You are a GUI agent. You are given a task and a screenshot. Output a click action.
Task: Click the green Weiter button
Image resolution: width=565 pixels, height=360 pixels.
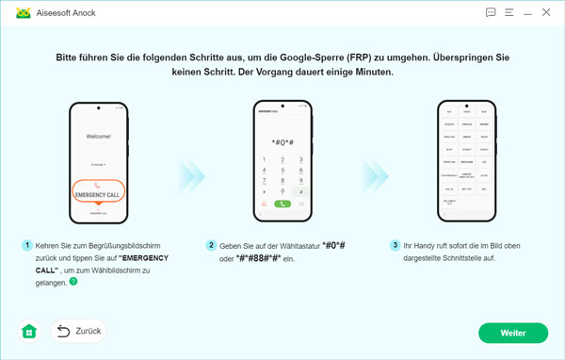pos(512,333)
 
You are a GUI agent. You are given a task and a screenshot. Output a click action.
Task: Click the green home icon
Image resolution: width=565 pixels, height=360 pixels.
pos(28,332)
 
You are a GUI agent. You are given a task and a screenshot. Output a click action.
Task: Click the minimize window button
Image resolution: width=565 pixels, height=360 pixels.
pos(510,13)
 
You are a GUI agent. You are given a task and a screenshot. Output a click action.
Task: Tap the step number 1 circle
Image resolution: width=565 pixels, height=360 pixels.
pos(28,245)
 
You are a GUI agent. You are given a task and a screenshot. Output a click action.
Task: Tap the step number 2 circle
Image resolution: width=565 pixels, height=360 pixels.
pos(212,245)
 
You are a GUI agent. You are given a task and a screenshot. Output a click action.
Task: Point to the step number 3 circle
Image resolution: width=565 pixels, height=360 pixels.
pos(395,245)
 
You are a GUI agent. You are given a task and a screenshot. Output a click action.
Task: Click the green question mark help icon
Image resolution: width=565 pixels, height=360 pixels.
pos(73,280)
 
